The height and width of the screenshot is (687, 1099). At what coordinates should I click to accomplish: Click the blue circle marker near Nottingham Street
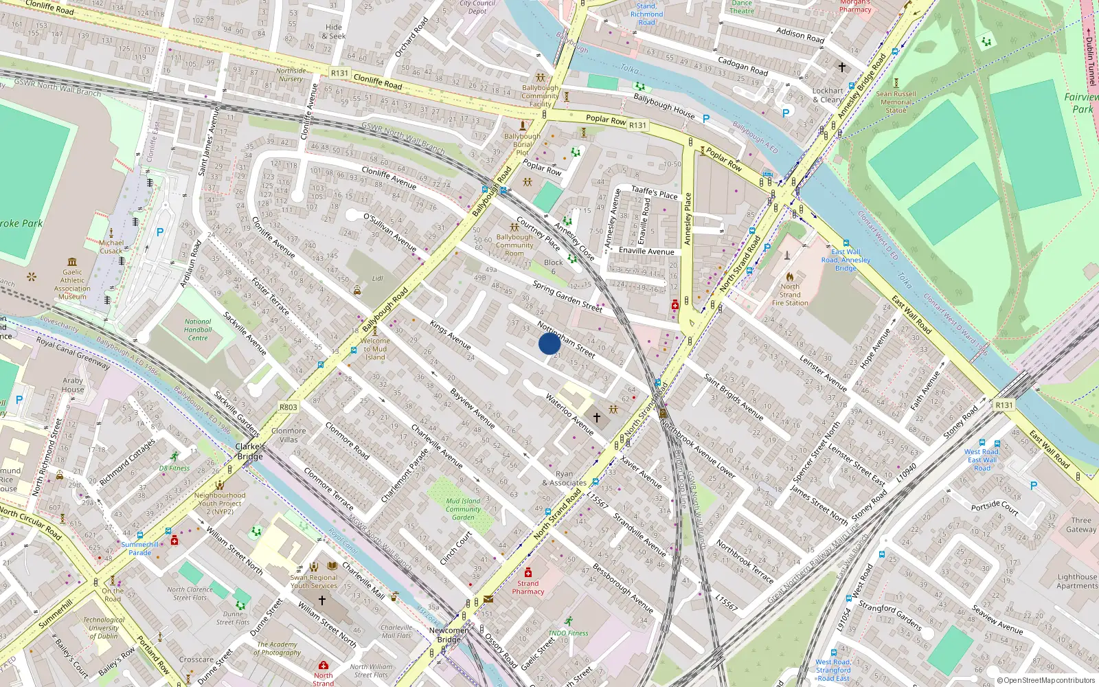pyautogui.click(x=549, y=343)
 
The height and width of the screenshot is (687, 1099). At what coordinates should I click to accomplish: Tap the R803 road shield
pyautogui.click(x=288, y=407)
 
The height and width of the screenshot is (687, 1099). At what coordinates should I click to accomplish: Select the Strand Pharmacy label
pyautogui.click(x=528, y=587)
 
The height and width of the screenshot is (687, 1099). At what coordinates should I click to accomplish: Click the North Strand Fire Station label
pyautogui.click(x=790, y=295)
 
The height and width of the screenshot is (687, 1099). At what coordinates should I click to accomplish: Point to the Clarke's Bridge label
pyautogui.click(x=250, y=451)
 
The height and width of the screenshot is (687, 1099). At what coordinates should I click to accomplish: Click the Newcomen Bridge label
pyautogui.click(x=449, y=634)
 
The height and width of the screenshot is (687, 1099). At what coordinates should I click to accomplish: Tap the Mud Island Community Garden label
pyautogui.click(x=463, y=509)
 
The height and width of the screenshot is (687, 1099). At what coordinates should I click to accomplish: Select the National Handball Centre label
pyautogui.click(x=198, y=330)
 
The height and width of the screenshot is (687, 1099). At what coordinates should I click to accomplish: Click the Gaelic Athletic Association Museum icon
pyautogui.click(x=72, y=262)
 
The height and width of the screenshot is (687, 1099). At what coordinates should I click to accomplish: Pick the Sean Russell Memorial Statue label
pyautogui.click(x=896, y=102)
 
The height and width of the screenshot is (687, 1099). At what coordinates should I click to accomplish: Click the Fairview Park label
pyautogui.click(x=1082, y=103)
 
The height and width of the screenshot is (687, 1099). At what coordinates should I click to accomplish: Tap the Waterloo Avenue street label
pyautogui.click(x=569, y=414)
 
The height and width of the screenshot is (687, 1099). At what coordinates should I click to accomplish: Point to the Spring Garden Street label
pyautogui.click(x=567, y=297)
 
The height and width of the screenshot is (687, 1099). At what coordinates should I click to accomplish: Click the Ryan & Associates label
pyautogui.click(x=564, y=478)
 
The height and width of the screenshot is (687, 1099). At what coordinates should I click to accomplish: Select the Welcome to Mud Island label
pyautogui.click(x=375, y=348)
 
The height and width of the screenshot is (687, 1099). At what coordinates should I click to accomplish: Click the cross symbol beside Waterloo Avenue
pyautogui.click(x=597, y=417)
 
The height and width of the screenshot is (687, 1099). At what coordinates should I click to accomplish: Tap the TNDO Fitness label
pyautogui.click(x=568, y=633)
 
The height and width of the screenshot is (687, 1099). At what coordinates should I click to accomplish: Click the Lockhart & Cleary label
pyautogui.click(x=828, y=95)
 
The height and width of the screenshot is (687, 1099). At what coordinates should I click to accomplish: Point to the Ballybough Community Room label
pyautogui.click(x=514, y=245)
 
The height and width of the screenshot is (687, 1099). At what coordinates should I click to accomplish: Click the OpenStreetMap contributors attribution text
pyautogui.click(x=1045, y=680)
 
